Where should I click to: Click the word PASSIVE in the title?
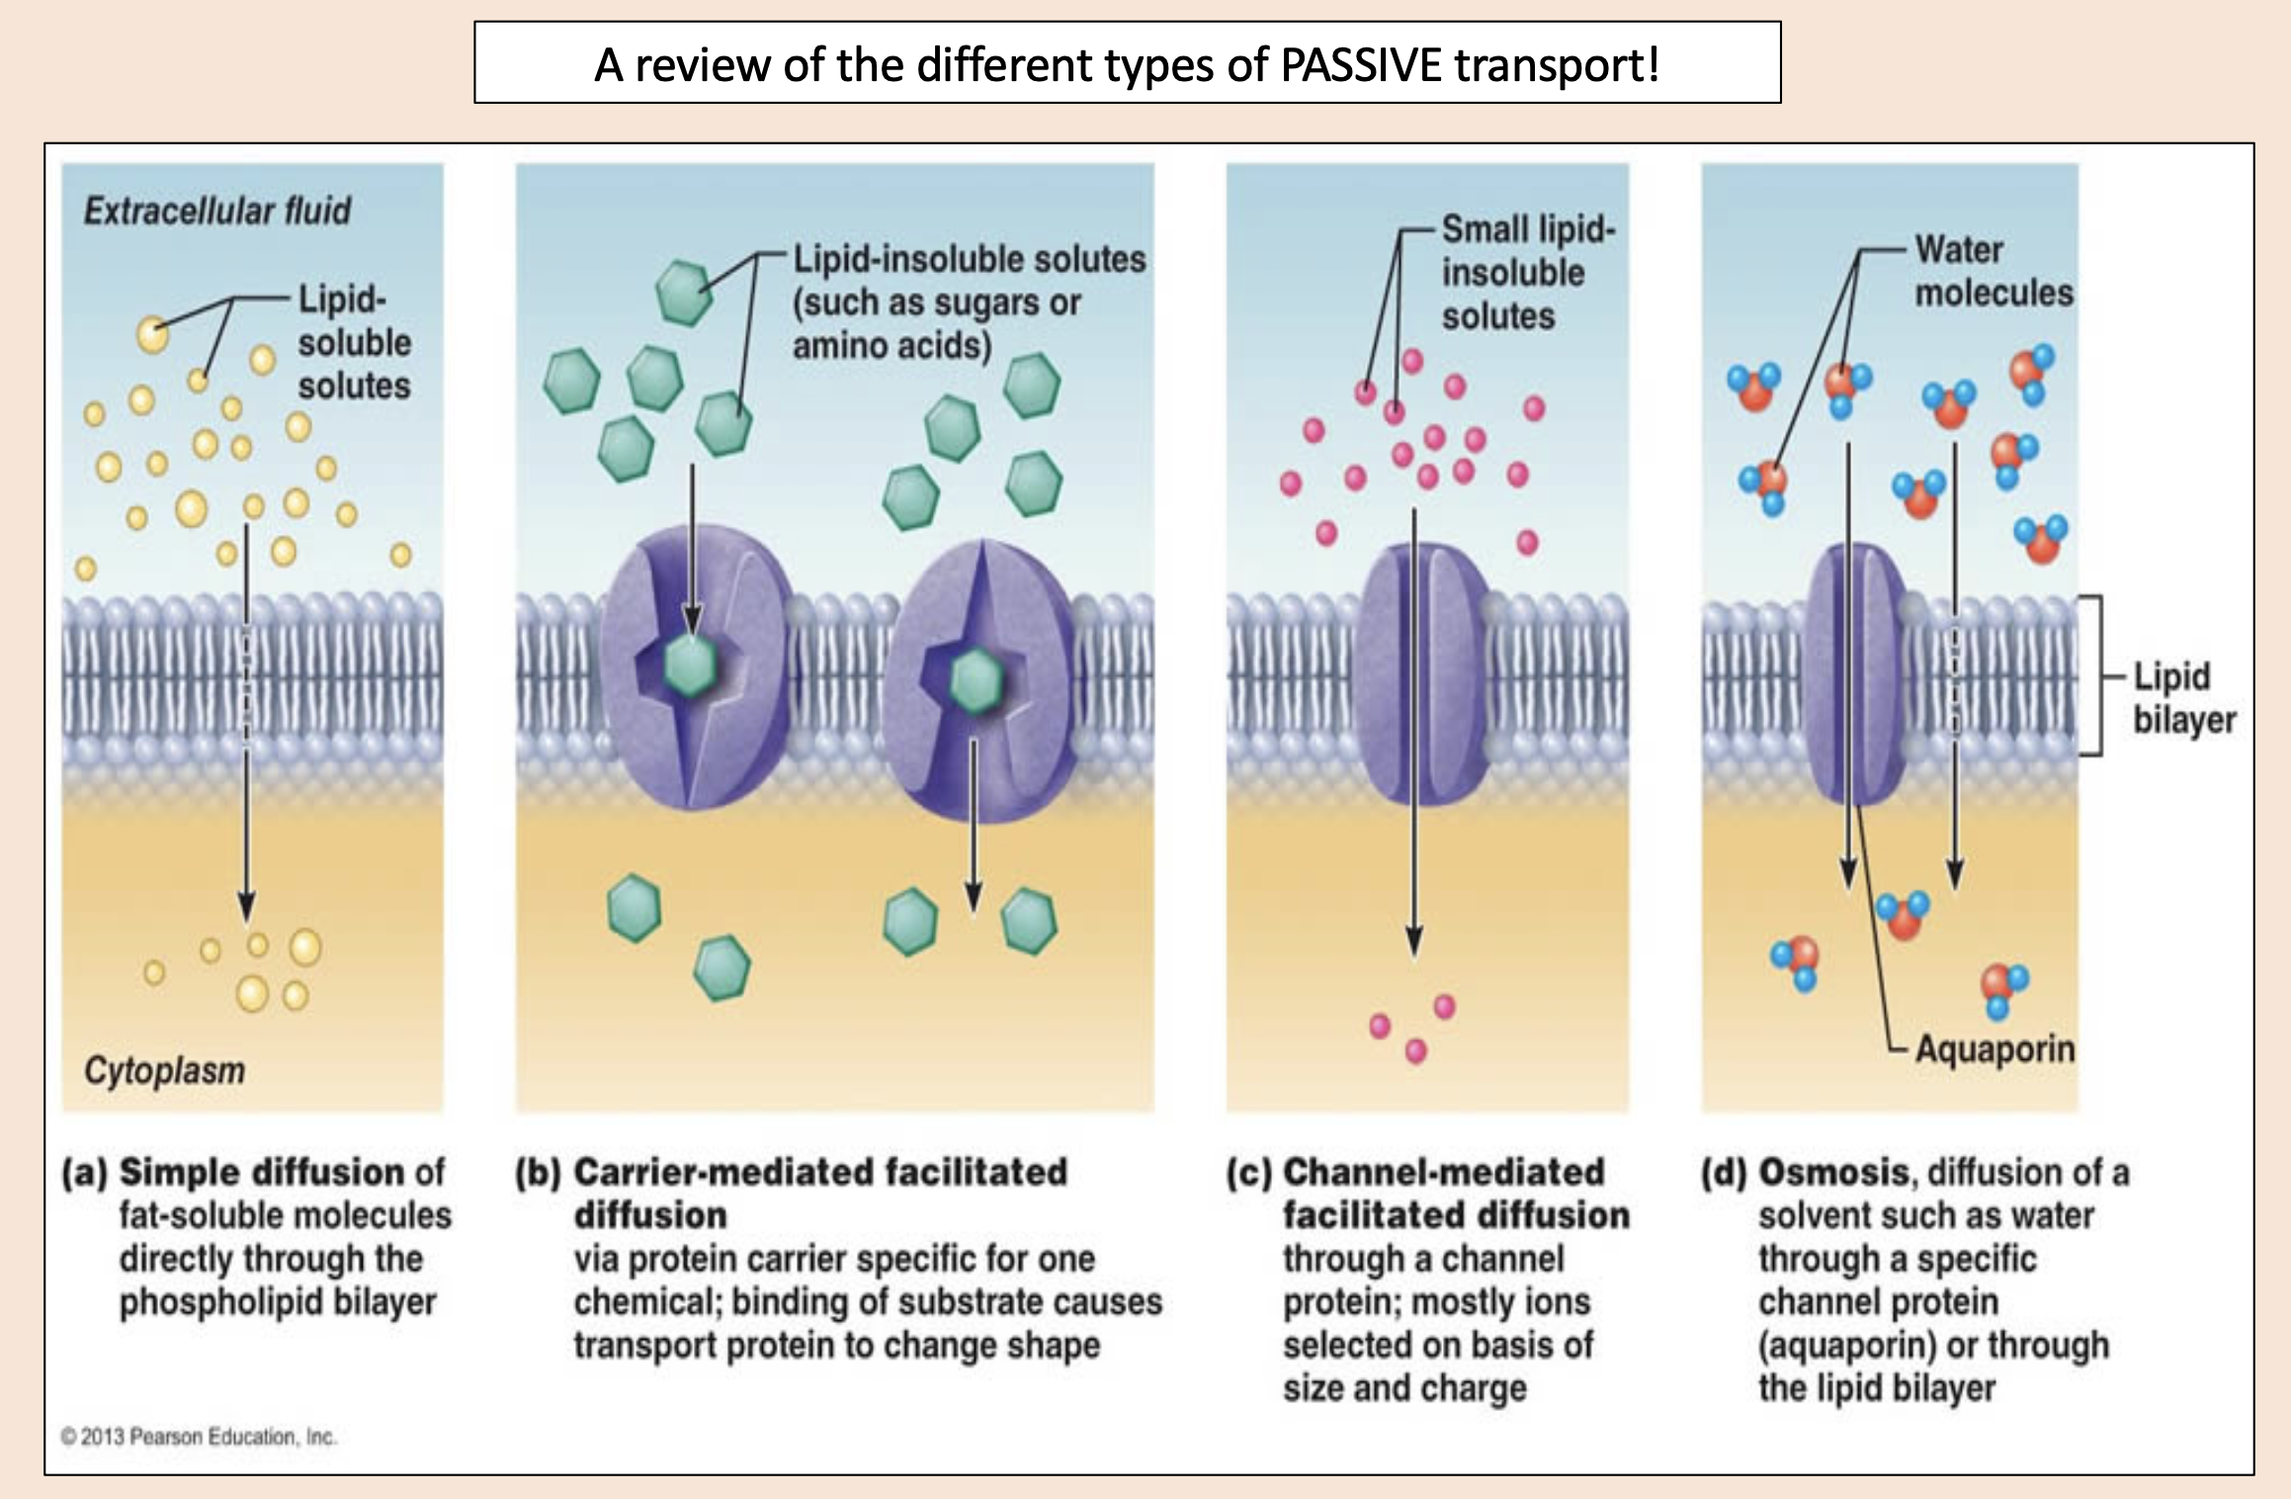[x=1361, y=65]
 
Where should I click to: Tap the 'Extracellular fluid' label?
[x=216, y=211]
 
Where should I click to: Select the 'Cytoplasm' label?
[x=164, y=1070]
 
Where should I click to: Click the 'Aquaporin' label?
[x=1994, y=1048]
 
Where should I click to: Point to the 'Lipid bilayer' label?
[x=2182, y=697]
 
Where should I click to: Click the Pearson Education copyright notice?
[x=199, y=1436]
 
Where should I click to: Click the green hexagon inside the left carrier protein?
[x=690, y=665]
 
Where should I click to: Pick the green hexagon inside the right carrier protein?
[x=976, y=679]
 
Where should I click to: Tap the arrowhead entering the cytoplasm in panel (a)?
[x=246, y=905]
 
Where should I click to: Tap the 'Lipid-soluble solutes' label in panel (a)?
[x=353, y=342]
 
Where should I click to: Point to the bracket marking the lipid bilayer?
[x=2097, y=676]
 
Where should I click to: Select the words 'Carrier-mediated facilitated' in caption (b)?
[x=820, y=1172]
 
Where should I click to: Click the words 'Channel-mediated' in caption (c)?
[x=1443, y=1172]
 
